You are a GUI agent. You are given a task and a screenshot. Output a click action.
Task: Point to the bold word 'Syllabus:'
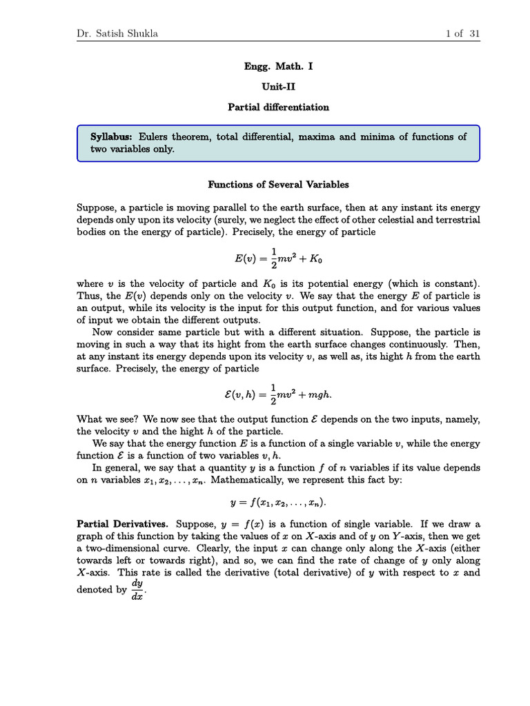(113, 137)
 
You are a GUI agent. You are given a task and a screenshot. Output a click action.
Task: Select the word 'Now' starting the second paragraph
(104, 333)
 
